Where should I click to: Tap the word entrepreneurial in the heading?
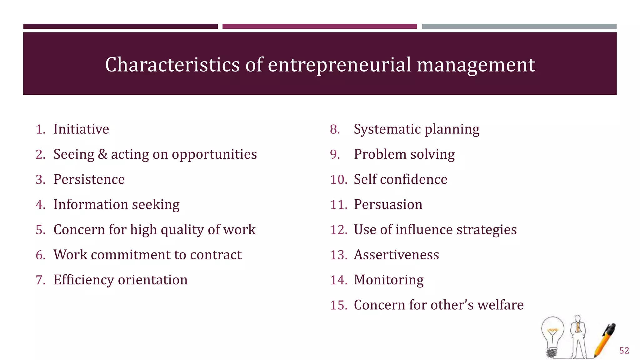[339, 65]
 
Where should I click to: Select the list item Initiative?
[81, 129]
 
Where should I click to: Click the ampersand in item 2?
[102, 154]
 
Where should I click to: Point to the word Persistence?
[89, 179]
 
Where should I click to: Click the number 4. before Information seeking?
[40, 205]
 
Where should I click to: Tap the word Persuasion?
[388, 205]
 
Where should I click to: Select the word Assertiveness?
[396, 255]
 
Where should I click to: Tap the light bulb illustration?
[552, 336]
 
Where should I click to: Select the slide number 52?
[624, 351]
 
